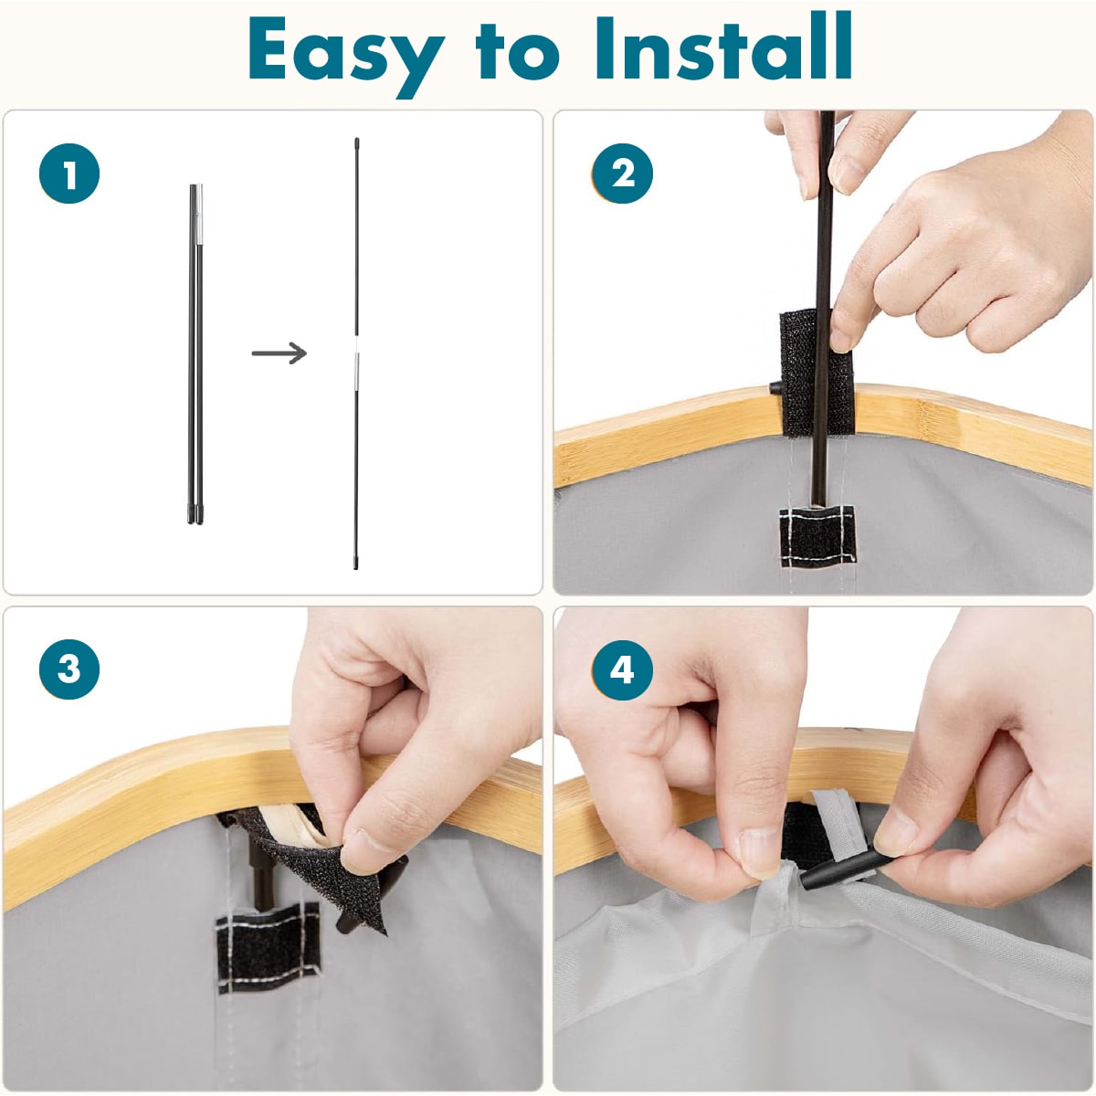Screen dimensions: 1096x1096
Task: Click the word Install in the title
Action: coord(723,47)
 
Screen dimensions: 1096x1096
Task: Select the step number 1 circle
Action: coord(69,174)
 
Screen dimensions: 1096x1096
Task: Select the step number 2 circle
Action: coord(622,174)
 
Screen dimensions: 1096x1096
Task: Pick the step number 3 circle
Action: coord(69,669)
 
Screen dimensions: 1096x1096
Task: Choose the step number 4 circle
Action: coord(622,669)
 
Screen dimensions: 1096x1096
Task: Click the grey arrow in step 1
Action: coord(279,353)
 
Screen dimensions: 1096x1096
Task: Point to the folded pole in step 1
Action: coord(195,353)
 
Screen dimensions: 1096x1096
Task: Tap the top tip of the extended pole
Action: coord(356,140)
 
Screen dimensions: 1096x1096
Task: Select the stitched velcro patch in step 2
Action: coord(817,537)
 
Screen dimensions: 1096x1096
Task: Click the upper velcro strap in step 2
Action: coord(816,372)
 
